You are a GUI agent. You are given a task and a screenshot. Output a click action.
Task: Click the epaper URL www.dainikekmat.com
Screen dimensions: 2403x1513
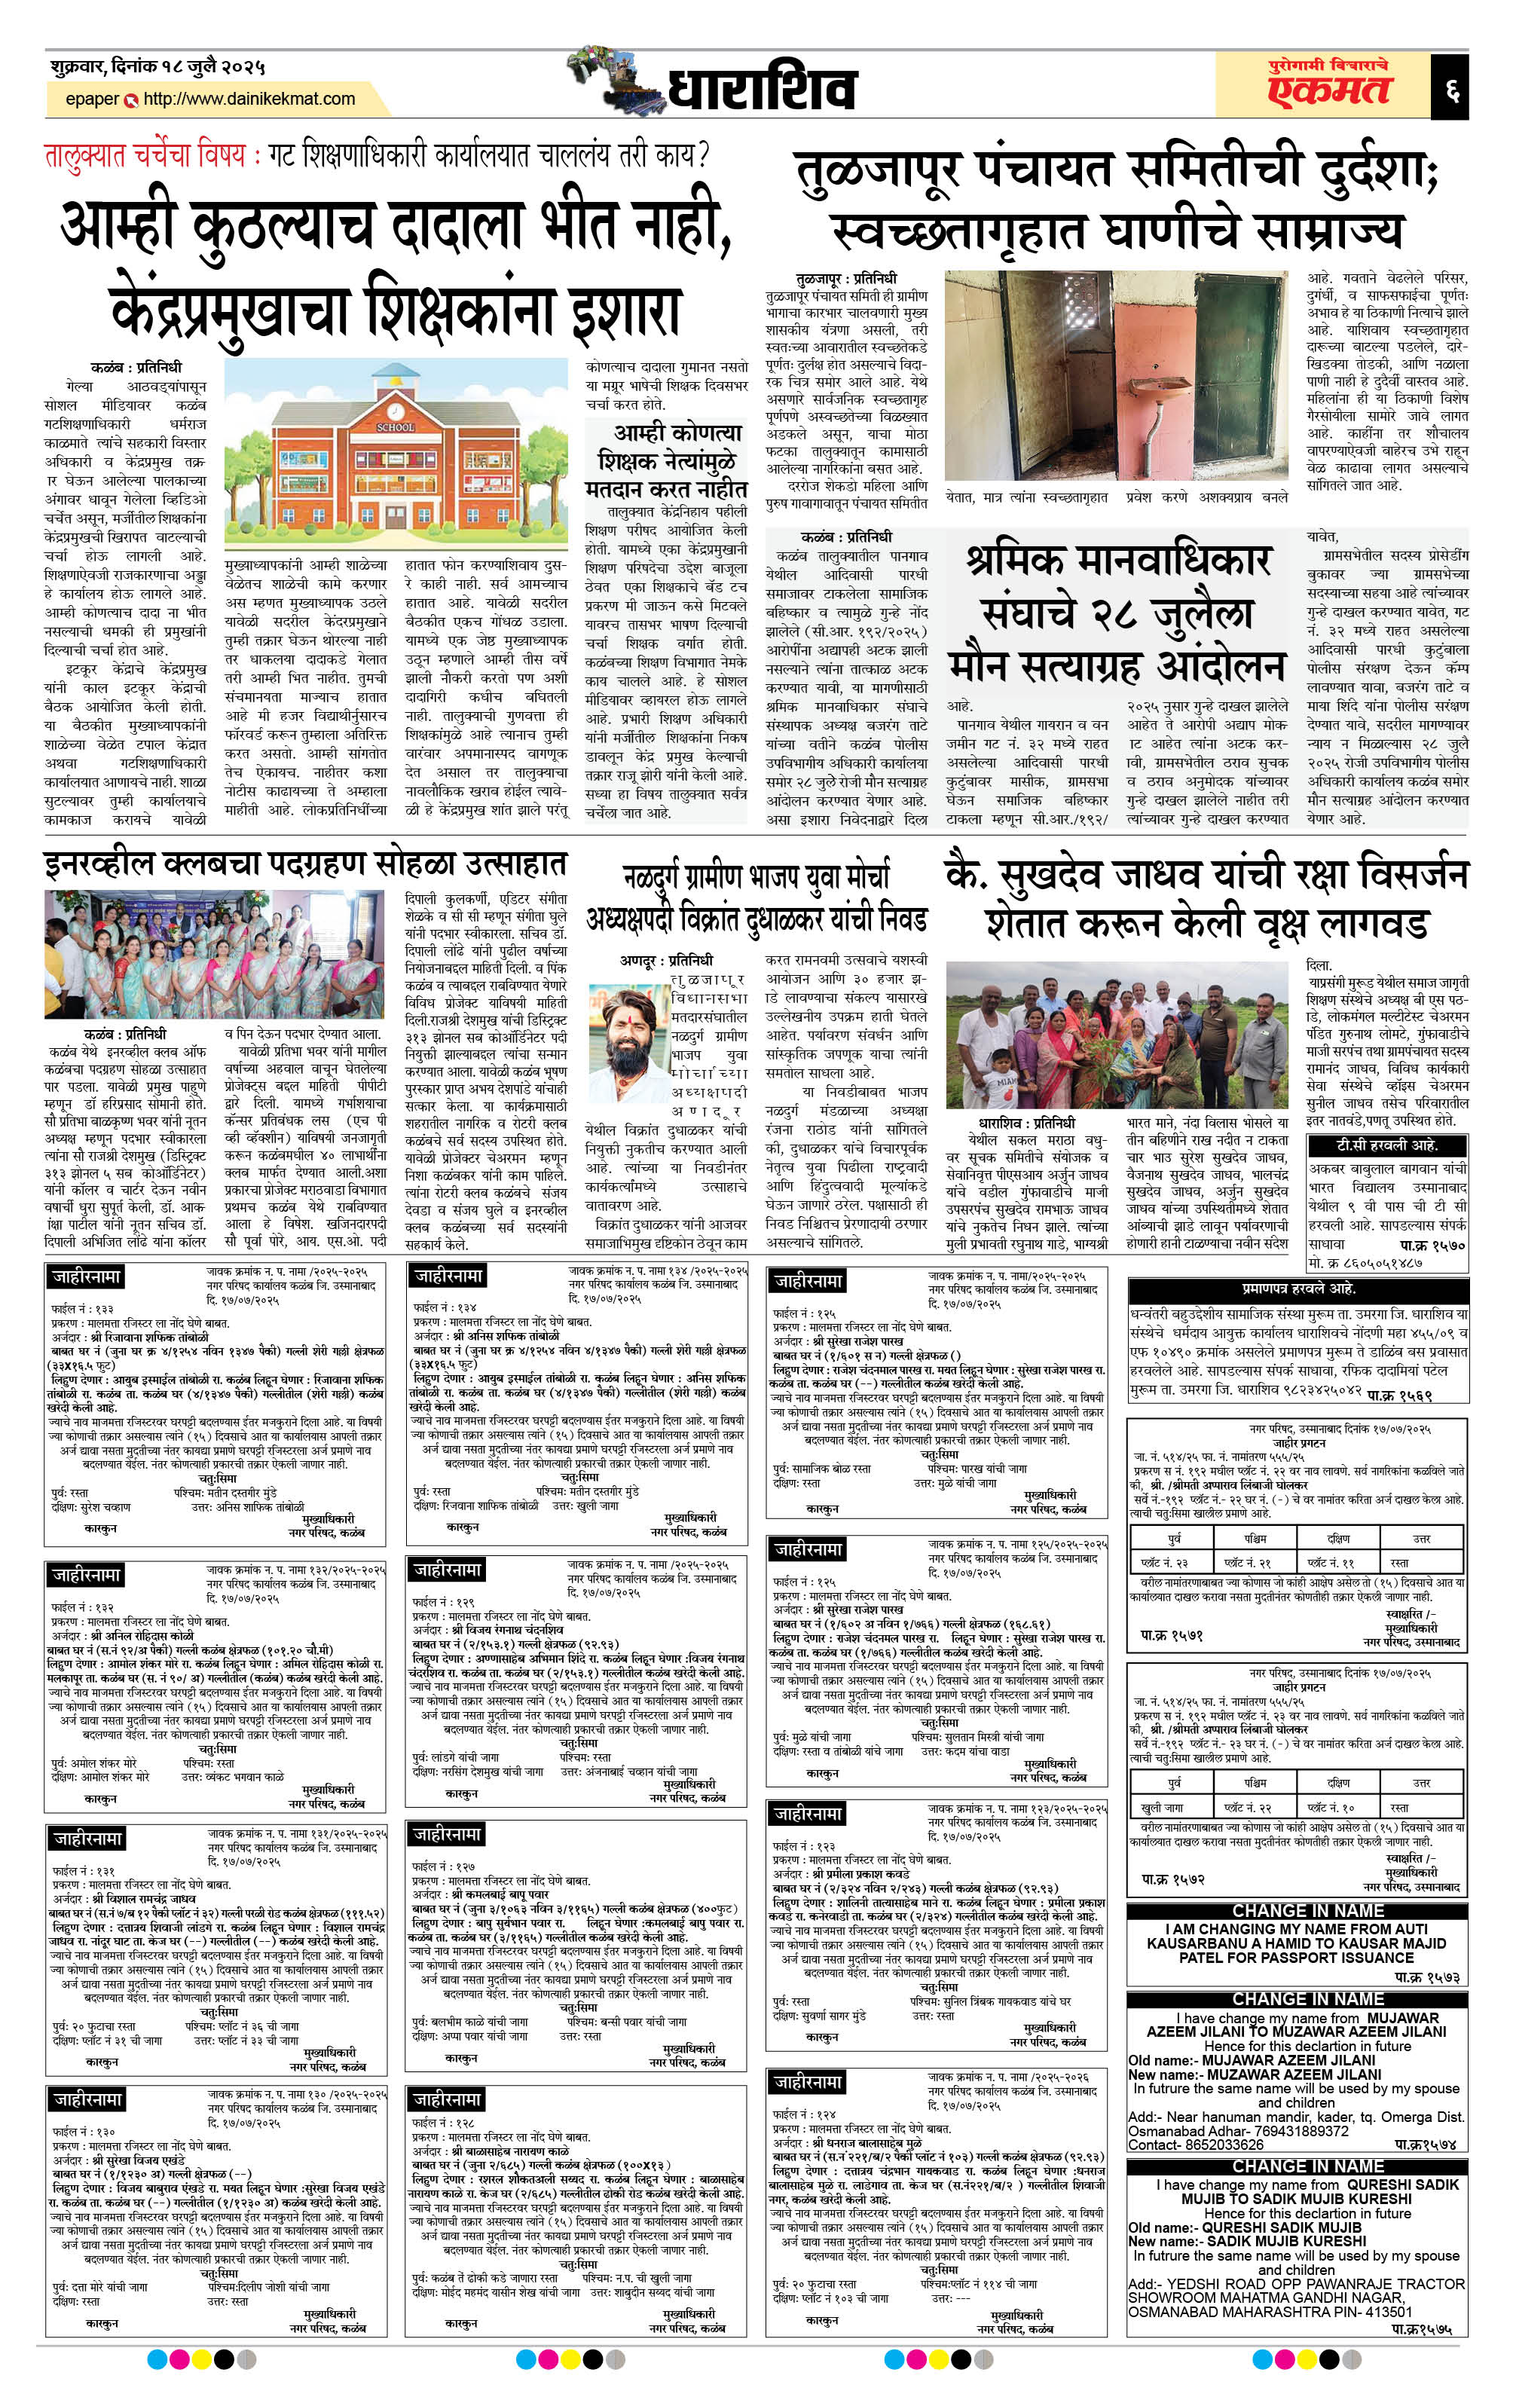click(249, 99)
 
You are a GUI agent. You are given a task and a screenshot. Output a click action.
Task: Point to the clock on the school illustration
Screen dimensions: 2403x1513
click(396, 410)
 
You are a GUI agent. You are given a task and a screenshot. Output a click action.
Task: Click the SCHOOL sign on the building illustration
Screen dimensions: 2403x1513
click(396, 427)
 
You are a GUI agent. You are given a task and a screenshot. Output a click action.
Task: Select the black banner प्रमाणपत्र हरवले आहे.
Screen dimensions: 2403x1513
click(1298, 1289)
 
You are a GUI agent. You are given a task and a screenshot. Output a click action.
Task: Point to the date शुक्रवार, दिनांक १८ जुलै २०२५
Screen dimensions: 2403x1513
click(159, 67)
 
